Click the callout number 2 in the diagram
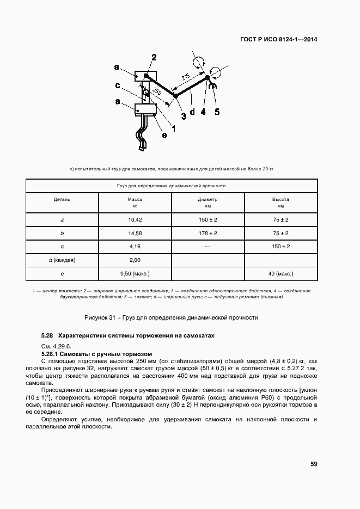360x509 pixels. point(154,58)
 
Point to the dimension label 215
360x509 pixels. point(186,78)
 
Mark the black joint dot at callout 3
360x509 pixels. point(175,95)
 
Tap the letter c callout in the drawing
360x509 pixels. point(118,85)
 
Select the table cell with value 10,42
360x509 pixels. point(135,219)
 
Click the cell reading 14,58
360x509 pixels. point(135,233)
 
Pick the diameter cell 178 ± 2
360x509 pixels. point(208,233)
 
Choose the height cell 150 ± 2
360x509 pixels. point(280,247)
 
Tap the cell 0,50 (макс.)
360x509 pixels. point(135,273)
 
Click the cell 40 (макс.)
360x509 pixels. point(280,273)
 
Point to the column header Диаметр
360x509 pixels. point(208,199)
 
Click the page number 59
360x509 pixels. point(314,464)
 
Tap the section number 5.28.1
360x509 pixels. point(52,353)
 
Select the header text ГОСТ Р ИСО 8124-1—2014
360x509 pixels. point(279,39)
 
